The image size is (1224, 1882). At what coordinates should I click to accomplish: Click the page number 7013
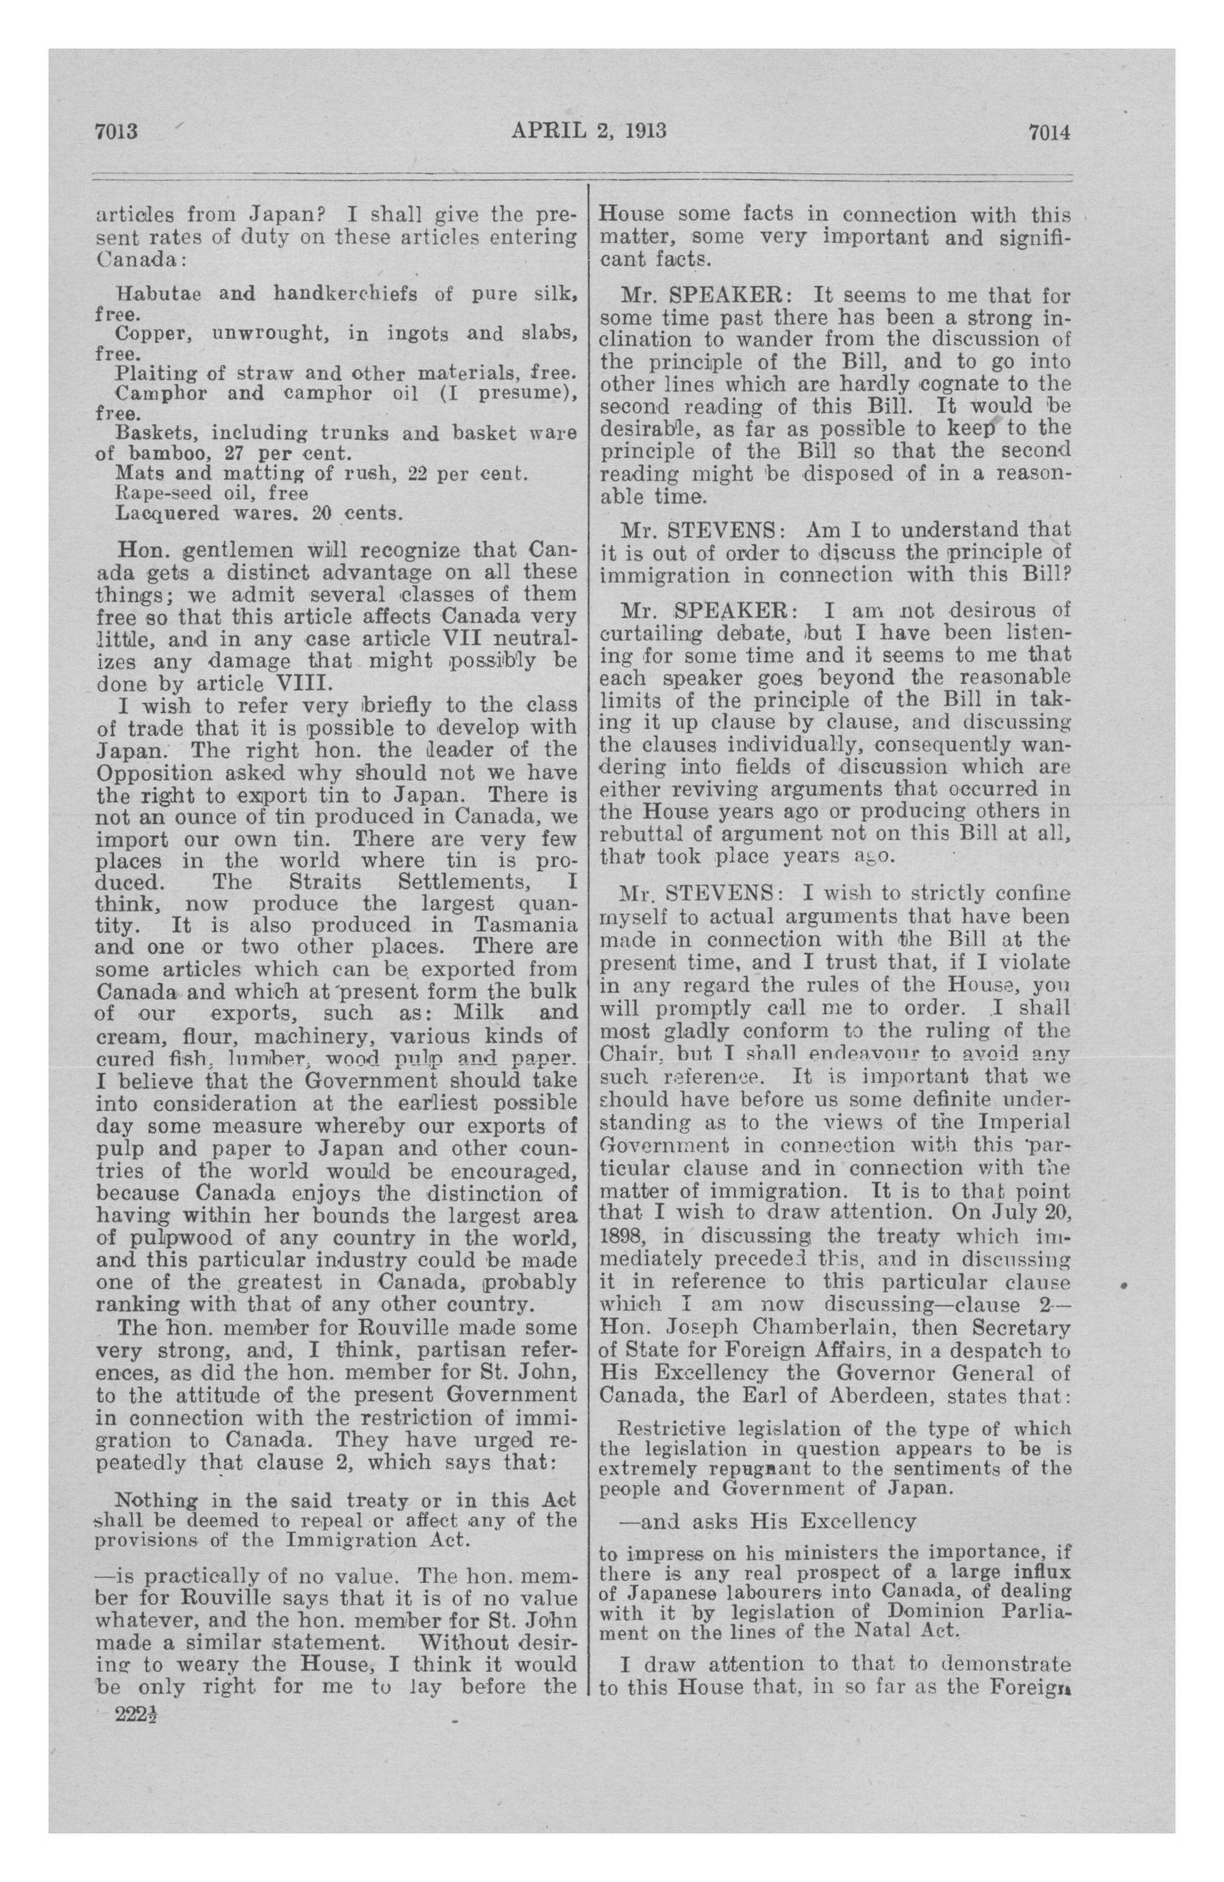pyautogui.click(x=116, y=131)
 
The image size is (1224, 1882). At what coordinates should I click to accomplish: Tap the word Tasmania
pyautogui.click(x=525, y=925)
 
